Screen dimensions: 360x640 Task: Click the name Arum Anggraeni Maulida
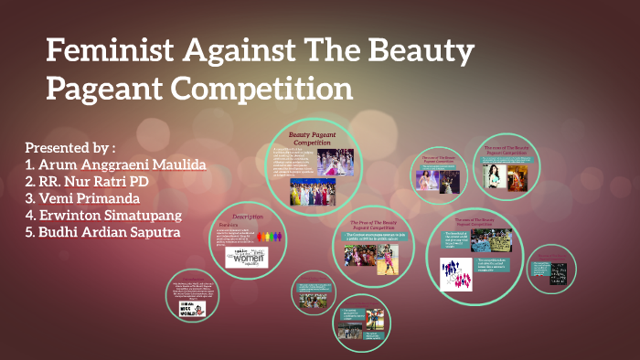pos(115,164)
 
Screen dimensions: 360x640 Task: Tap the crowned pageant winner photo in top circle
pos(334,163)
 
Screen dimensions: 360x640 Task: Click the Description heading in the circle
pos(248,217)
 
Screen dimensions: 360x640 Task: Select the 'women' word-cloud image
pos(246,257)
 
